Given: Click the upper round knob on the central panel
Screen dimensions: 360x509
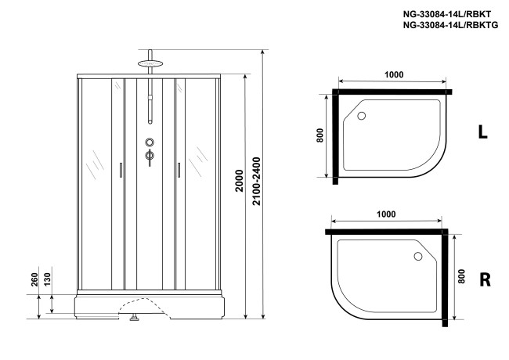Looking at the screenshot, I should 150,143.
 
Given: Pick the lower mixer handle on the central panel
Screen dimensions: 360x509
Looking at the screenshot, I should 150,157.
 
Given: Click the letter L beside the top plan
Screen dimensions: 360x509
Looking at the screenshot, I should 483,133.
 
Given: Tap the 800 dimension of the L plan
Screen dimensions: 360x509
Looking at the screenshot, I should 319,135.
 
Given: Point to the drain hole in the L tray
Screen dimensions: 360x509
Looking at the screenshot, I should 362,117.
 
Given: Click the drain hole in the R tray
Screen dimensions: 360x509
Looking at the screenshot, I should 417,256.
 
